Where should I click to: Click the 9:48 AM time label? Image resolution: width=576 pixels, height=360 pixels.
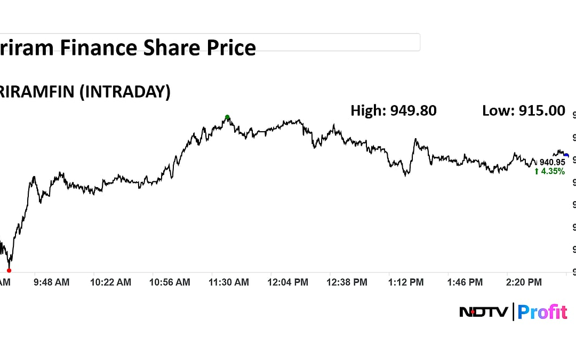[x=52, y=282]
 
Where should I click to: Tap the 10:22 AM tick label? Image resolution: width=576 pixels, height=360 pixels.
[x=110, y=282]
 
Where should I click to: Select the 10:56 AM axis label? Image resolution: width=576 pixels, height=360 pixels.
[x=170, y=282]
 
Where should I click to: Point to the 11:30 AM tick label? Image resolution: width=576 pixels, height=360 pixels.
[x=229, y=282]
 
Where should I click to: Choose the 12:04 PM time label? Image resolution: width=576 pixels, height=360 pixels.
[x=288, y=282]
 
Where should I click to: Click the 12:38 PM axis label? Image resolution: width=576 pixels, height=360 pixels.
[x=347, y=282]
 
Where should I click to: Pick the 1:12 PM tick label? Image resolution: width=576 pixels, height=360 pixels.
[x=406, y=282]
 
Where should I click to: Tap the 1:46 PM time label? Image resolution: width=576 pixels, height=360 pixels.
[x=465, y=282]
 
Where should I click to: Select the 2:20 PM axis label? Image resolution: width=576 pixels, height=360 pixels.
[x=524, y=282]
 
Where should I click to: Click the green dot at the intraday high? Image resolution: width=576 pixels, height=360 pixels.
[x=227, y=117]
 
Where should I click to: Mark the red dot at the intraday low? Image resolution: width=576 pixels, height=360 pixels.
[x=9, y=270]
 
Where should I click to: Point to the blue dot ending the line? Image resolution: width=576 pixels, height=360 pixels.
[x=566, y=155]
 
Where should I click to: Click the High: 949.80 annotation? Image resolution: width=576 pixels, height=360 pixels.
[x=394, y=111]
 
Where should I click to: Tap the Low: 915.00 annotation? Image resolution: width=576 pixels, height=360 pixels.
[x=523, y=111]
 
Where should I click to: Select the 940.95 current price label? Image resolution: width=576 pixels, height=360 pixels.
[x=552, y=162]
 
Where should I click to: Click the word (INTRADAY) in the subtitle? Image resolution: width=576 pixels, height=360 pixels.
[x=124, y=92]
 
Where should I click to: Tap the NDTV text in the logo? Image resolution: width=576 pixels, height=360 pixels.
[x=483, y=312]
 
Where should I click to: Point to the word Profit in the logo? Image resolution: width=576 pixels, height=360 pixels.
[x=542, y=312]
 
